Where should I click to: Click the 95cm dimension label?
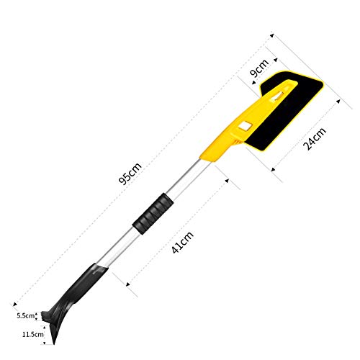tap(130, 174)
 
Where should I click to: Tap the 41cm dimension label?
tap(183, 243)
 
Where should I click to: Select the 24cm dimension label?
tap(315, 138)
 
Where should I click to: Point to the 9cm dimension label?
tap(259, 68)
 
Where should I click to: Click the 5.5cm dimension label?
tap(25, 315)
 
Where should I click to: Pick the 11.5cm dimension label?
tap(33, 334)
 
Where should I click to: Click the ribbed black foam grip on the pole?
tap(153, 214)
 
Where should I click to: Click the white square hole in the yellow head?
tap(246, 127)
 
